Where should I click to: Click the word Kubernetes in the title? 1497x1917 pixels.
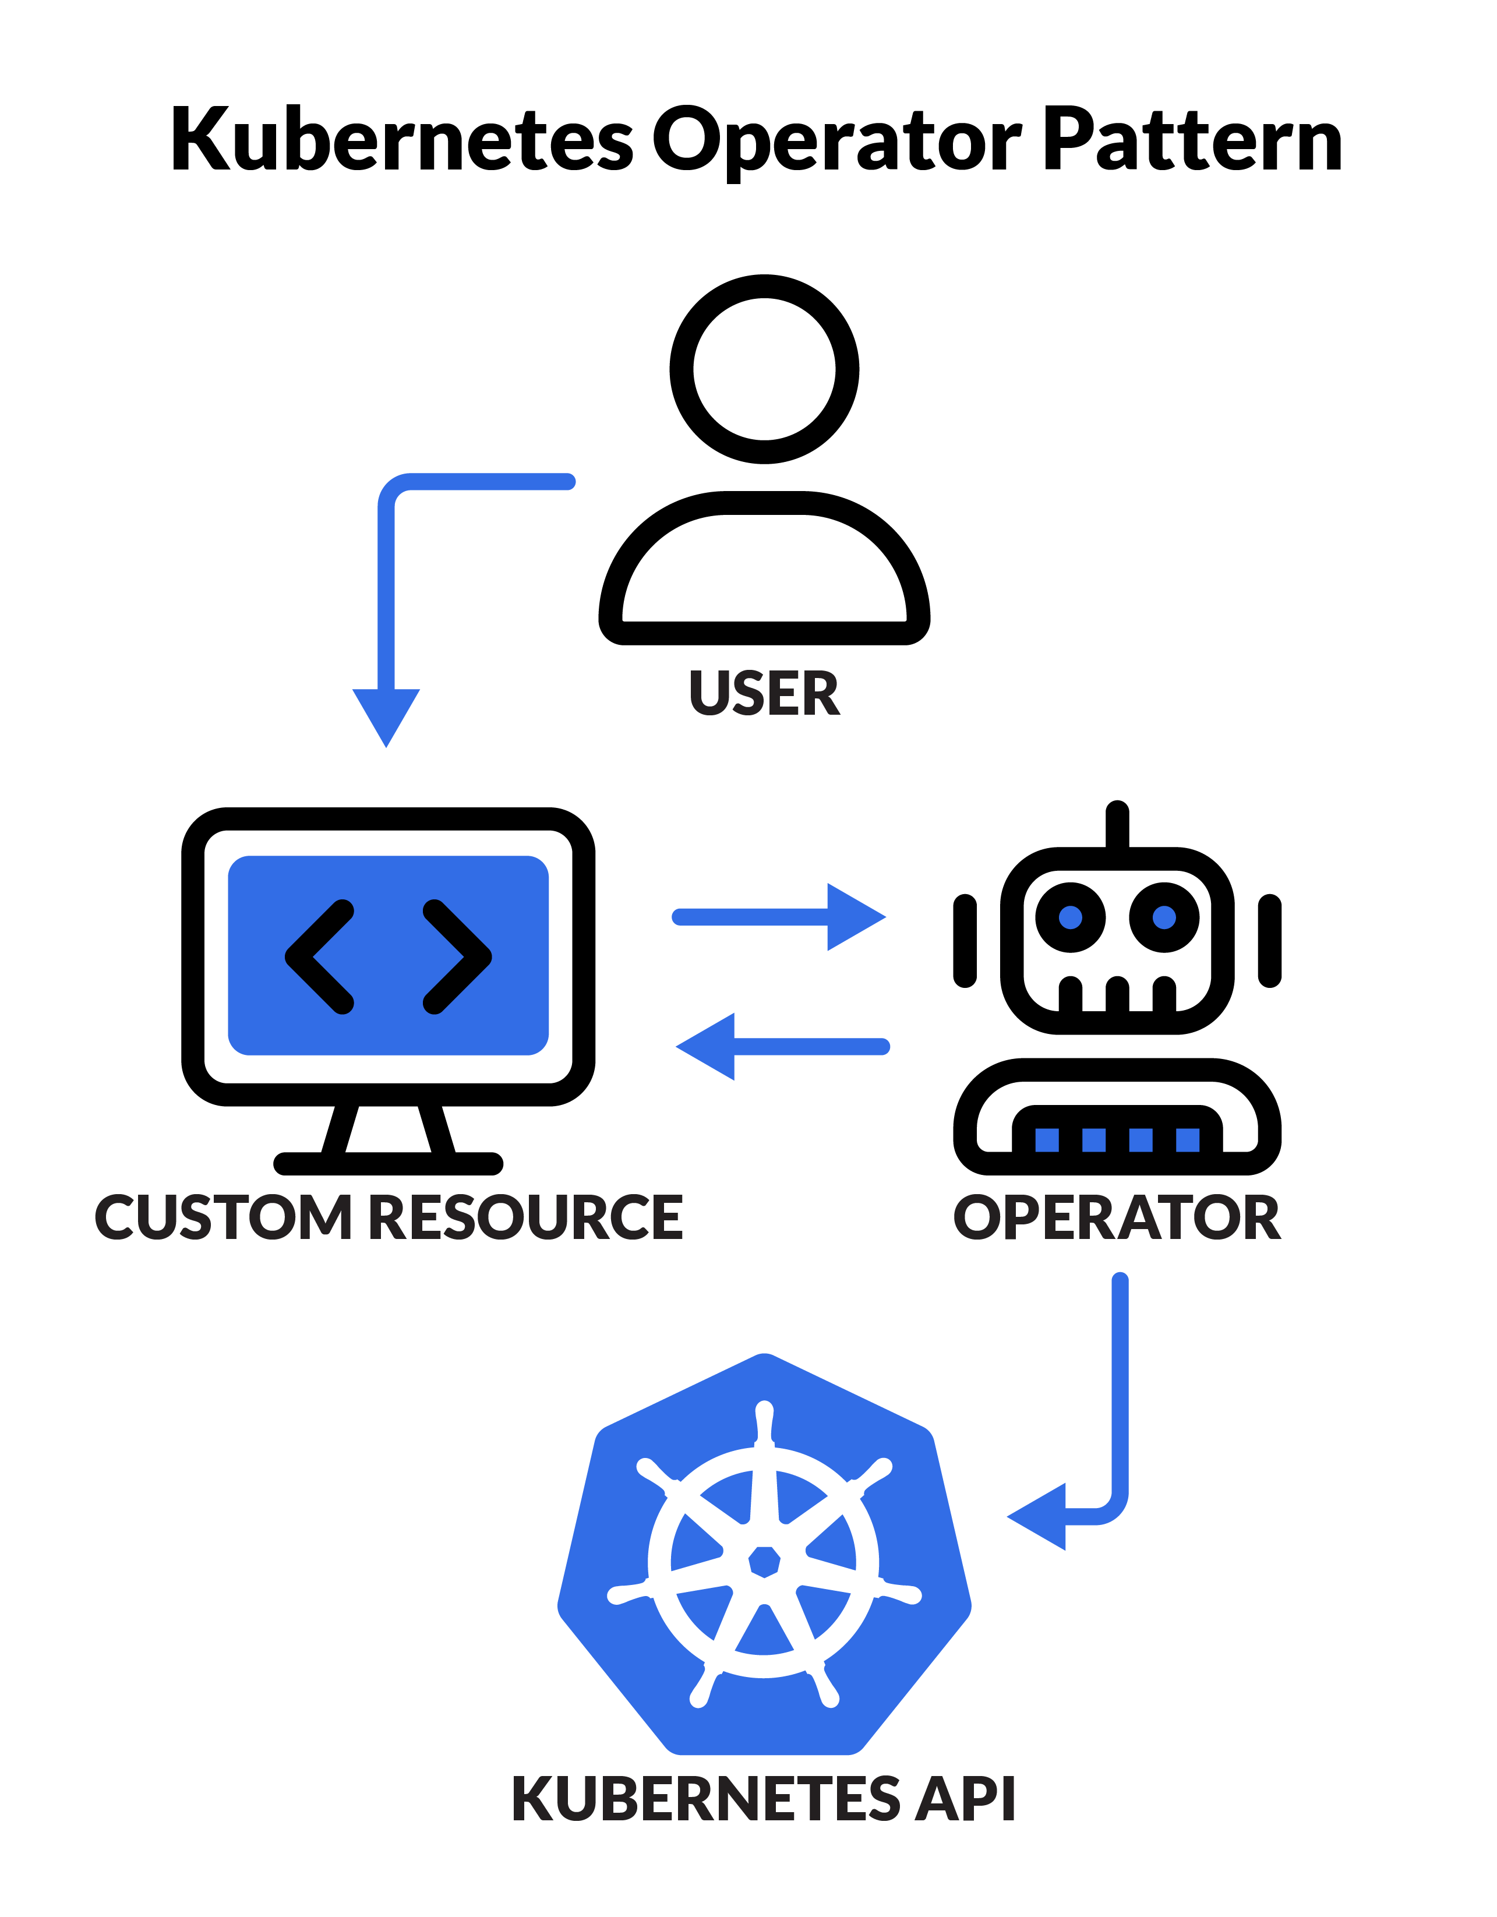401,140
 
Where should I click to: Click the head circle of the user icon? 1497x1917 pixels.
764,369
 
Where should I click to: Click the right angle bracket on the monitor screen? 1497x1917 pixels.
457,956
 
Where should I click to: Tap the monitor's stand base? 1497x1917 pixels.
388,1164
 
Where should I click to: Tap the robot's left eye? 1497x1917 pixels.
1071,917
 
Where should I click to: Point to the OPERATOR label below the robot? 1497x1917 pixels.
1117,1219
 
